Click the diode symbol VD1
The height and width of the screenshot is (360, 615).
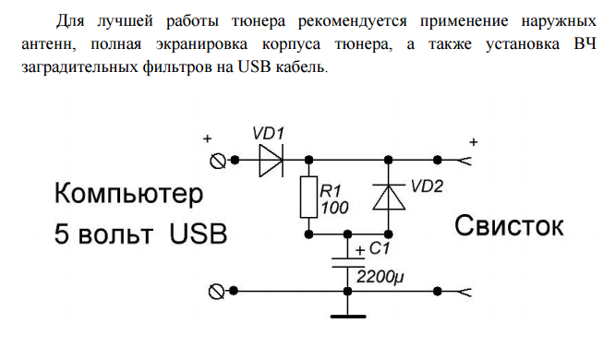point(271,160)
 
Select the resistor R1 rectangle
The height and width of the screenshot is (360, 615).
point(308,197)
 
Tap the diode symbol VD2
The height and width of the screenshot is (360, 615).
point(388,197)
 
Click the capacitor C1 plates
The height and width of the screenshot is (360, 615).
point(347,262)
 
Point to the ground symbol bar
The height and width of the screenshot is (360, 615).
point(348,316)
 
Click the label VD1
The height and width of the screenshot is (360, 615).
point(268,134)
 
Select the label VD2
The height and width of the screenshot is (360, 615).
point(427,186)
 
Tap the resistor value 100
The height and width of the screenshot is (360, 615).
point(334,208)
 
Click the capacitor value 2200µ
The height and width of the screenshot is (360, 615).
point(380,277)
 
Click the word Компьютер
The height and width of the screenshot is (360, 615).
point(128,194)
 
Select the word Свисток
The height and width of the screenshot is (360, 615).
point(509,226)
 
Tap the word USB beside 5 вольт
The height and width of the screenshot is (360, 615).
point(198,234)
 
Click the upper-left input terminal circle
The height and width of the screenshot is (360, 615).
point(217,161)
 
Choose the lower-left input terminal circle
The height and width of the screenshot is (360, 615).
point(216,292)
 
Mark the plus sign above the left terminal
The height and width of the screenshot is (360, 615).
point(207,138)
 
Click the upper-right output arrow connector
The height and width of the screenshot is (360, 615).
point(464,161)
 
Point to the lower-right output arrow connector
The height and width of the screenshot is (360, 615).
point(464,292)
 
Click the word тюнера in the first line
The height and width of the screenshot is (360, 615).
point(258,21)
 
